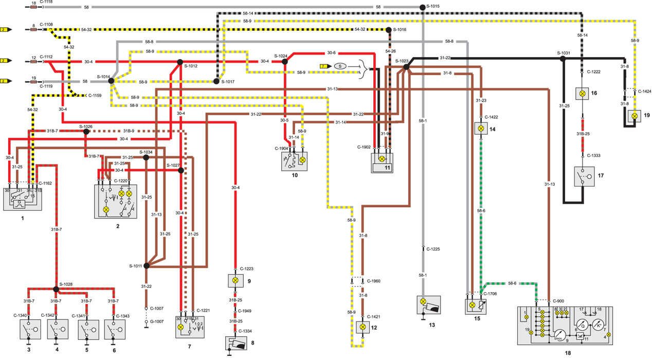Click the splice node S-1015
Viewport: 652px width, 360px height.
422,7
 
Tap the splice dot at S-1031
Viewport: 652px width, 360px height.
563,59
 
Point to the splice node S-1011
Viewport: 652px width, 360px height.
147,266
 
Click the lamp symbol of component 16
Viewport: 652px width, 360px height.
582,94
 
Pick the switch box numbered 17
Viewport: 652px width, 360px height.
584,176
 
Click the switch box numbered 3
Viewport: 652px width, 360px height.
29,329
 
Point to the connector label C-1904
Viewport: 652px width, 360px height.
281,149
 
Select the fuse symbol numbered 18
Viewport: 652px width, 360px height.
33,8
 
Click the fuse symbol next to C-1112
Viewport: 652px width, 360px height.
34,61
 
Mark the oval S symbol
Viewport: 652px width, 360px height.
340,66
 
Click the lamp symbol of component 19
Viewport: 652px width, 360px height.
635,117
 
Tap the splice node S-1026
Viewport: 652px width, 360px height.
86,131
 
